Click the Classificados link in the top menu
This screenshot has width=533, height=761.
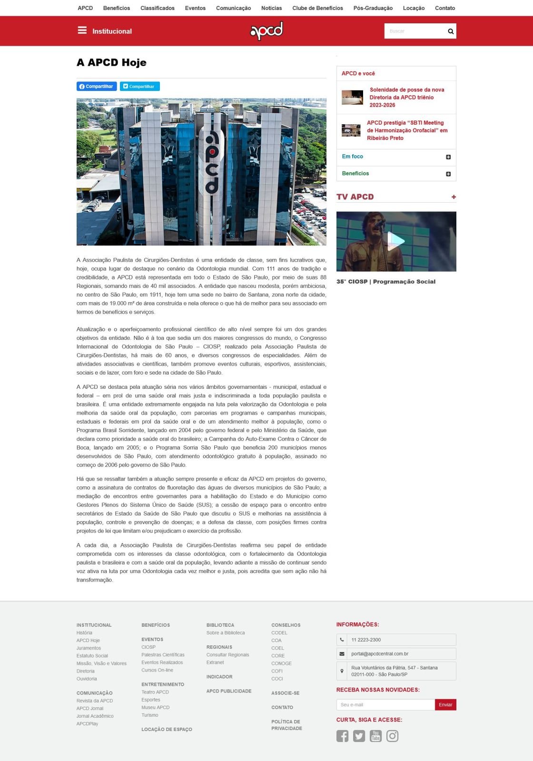(x=157, y=8)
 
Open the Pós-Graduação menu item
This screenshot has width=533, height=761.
(x=373, y=8)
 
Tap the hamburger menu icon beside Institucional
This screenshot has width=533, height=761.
(x=82, y=30)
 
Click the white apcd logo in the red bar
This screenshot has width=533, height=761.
(x=266, y=31)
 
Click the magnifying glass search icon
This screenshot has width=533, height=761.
(x=450, y=31)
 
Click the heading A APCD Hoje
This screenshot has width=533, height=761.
(x=111, y=62)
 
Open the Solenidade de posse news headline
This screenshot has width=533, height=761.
(x=406, y=97)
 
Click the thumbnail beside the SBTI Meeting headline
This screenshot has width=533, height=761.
(x=351, y=130)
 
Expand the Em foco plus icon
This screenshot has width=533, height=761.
(x=448, y=157)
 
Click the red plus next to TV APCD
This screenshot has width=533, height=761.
(x=454, y=197)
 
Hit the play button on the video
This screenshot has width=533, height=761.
(x=396, y=241)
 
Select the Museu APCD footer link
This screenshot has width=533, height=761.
(x=155, y=707)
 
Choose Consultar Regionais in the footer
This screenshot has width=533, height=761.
(x=227, y=655)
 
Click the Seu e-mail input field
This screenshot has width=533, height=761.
(x=385, y=705)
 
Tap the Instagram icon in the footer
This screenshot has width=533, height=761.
(x=392, y=736)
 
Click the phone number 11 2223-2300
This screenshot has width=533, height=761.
(x=366, y=640)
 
